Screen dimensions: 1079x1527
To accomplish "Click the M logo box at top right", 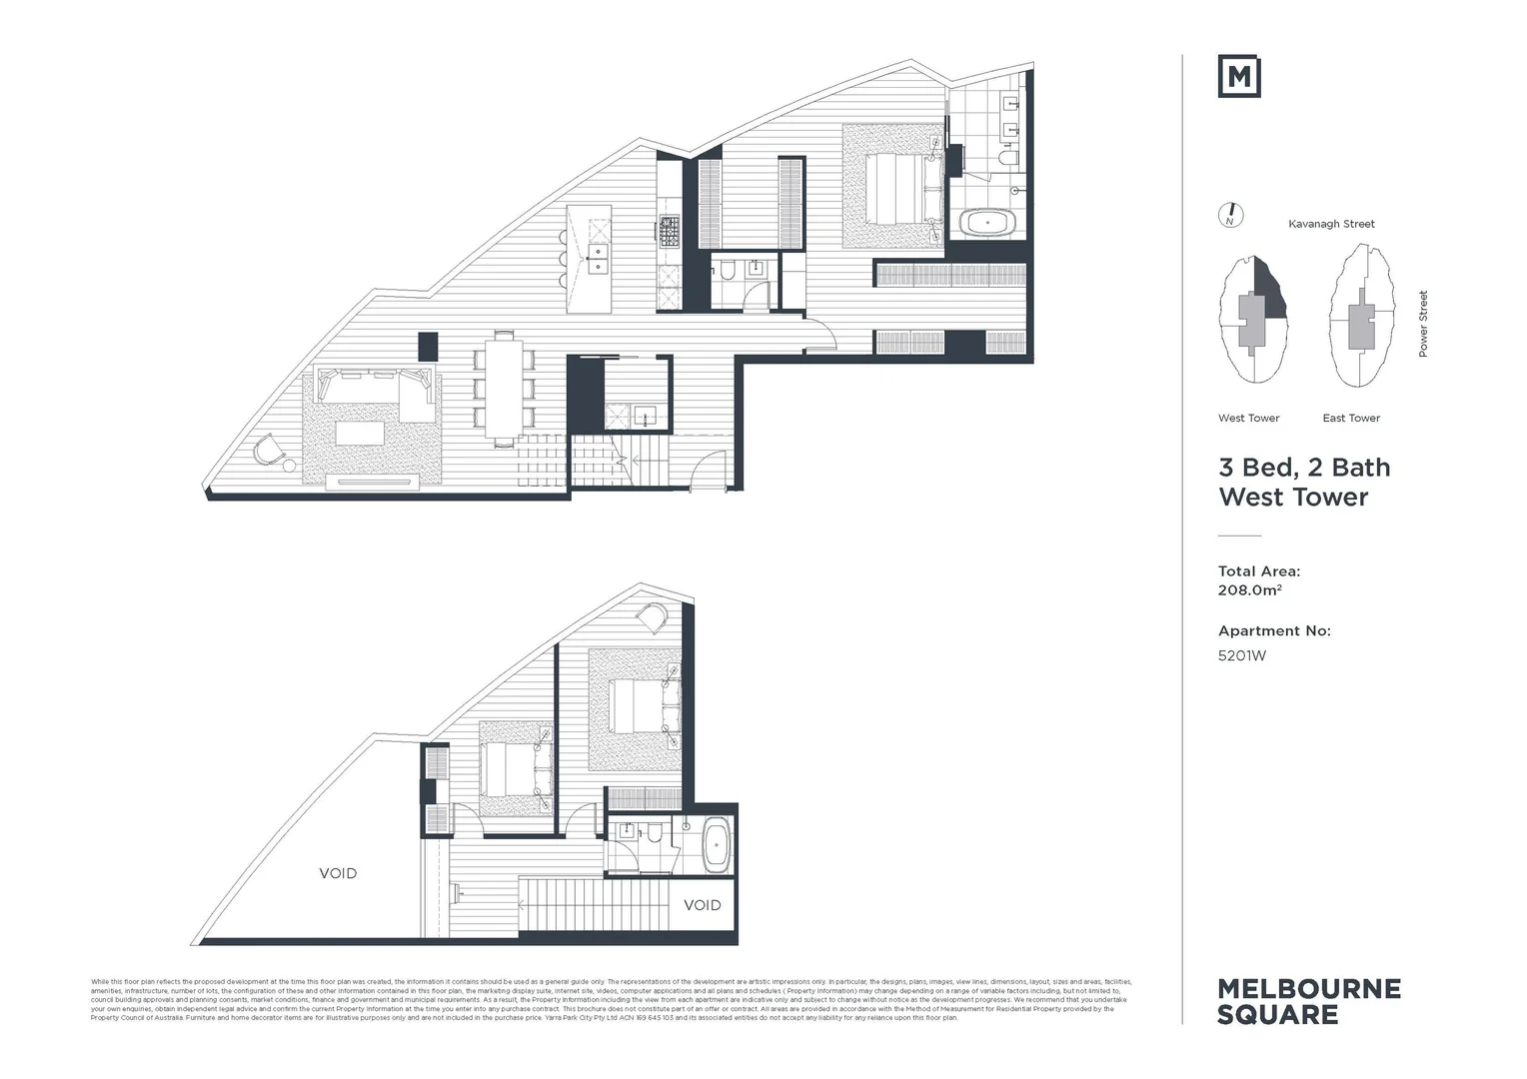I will (1238, 77).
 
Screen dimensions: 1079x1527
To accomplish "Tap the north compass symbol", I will (1231, 215).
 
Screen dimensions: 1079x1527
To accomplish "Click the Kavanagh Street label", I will (1331, 224).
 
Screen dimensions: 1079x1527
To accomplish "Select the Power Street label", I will (1423, 324).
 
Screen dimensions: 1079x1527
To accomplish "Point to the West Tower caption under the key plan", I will (1248, 418).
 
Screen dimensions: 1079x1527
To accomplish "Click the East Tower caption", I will (1351, 418).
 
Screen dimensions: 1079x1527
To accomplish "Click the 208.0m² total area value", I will (1249, 590).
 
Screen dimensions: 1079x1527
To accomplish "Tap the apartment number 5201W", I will (1241, 656).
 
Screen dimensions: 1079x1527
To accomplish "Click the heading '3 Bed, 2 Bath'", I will (1303, 468).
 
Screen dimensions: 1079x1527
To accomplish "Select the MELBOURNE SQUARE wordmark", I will (1308, 1001).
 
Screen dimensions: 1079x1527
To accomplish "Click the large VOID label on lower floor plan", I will (338, 873).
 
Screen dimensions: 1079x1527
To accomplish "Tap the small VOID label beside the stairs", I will (702, 905).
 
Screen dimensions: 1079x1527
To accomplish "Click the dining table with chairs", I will (504, 388).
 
